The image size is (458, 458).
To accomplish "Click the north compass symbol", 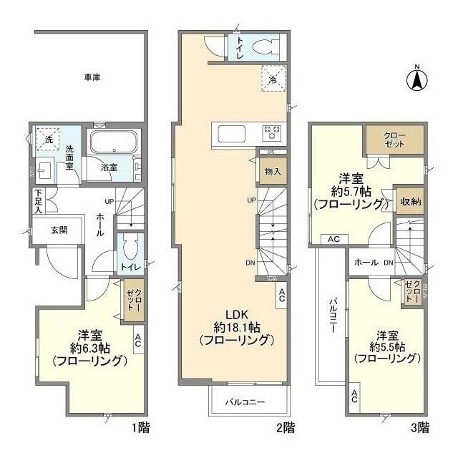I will pyautogui.click(x=414, y=79).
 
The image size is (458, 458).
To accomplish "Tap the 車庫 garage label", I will pyautogui.click(x=91, y=77).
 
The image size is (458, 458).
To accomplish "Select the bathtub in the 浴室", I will pyautogui.click(x=114, y=142).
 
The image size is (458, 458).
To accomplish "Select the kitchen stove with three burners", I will pyautogui.click(x=273, y=132).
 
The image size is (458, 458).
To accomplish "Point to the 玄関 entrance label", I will pyautogui.click(x=59, y=230).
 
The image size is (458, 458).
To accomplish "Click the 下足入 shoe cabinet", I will pyautogui.click(x=39, y=201).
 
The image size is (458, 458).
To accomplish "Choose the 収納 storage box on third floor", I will pyautogui.click(x=410, y=202).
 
